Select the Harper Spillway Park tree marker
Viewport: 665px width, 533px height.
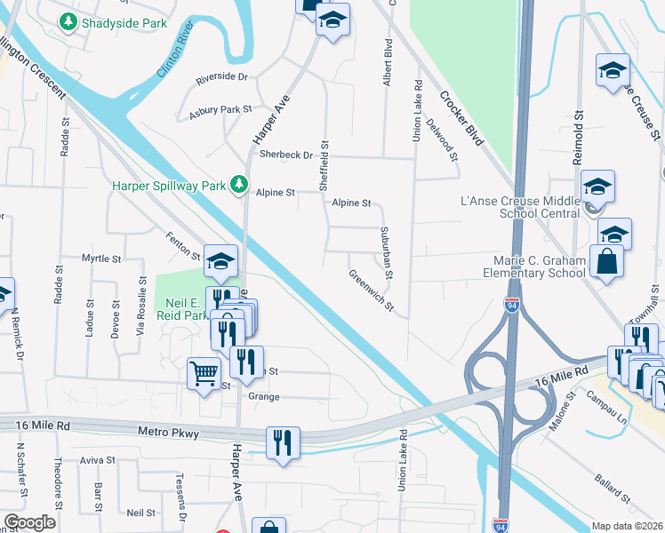(x=238, y=184)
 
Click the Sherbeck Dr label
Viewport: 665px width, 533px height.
(x=286, y=155)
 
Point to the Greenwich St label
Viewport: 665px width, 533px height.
(x=371, y=290)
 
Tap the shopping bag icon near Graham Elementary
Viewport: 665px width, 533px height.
(x=605, y=262)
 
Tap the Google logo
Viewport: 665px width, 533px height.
(x=29, y=521)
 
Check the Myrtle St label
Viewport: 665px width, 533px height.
(x=100, y=259)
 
